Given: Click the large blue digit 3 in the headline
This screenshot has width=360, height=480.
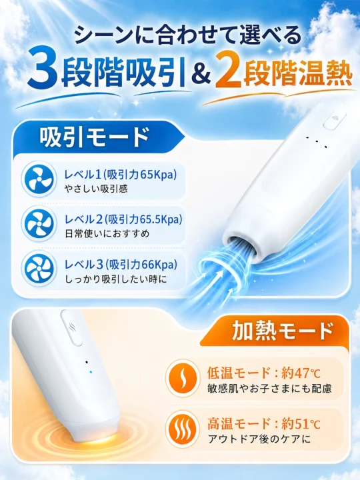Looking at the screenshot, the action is [x=43, y=69].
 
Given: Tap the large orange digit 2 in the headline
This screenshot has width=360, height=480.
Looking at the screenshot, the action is [x=229, y=73].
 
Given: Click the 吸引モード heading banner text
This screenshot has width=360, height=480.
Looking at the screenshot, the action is [x=94, y=137].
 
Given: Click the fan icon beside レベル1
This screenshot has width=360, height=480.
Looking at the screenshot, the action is [x=39, y=179].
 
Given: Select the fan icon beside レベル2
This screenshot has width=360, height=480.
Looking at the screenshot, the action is [x=39, y=223].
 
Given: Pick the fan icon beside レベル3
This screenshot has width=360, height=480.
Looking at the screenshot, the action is [x=39, y=269].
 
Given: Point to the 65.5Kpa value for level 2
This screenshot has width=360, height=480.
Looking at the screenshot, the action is [x=159, y=219].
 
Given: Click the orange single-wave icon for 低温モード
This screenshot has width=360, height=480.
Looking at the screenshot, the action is [x=183, y=377].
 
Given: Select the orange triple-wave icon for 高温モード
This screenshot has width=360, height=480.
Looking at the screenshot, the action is [x=183, y=428].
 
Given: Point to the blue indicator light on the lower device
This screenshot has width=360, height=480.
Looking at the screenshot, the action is [x=90, y=372].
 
